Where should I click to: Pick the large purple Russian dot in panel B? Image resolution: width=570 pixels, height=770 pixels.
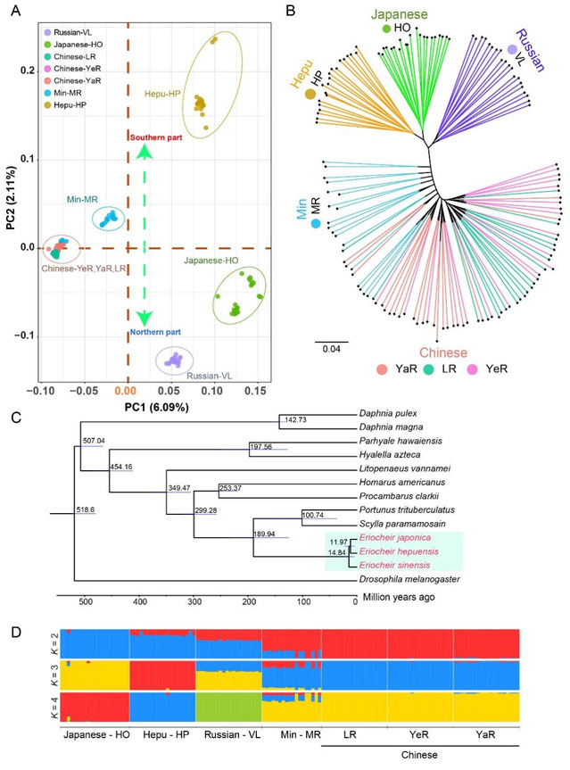tap(512, 51)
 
